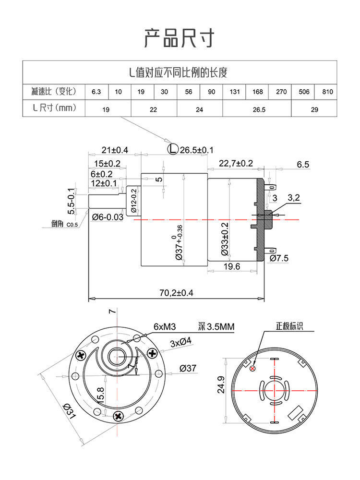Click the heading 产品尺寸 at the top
click(180, 38)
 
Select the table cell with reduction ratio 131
click(235, 92)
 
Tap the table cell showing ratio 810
click(327, 92)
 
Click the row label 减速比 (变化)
click(54, 92)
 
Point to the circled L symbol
click(173, 149)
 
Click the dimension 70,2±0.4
click(176, 293)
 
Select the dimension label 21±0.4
click(115, 150)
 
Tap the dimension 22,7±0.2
click(236, 164)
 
